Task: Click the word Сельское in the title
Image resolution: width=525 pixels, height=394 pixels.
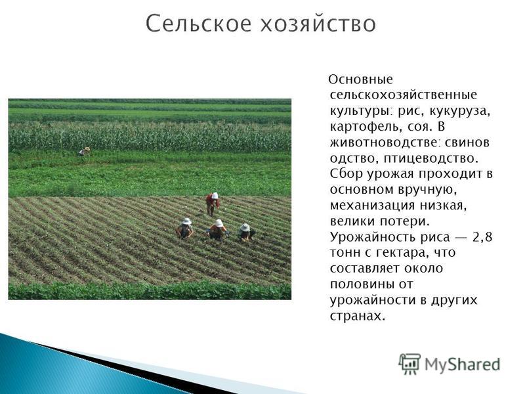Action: coord(198,24)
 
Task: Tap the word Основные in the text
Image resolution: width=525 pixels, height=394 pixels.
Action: coord(360,79)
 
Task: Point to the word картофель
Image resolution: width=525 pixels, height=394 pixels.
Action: coord(366,127)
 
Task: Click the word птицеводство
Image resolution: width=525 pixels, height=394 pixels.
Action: coord(430,158)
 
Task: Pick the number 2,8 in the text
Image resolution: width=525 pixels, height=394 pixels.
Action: coord(482,238)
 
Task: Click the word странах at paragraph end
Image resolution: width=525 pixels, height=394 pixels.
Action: coord(358,317)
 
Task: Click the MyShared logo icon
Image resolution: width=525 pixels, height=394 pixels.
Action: coord(409,364)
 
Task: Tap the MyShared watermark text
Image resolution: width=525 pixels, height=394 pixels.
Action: coord(463,364)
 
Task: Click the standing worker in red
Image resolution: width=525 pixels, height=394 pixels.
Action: coord(212,204)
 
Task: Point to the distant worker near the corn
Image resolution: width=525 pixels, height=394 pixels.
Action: coord(85,152)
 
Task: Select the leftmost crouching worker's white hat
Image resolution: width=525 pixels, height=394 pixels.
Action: coord(186,221)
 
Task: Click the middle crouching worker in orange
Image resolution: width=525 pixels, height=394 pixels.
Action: coord(218,229)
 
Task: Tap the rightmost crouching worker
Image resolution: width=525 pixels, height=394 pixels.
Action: coord(245,232)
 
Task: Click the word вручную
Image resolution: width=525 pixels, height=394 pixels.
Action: coord(427,190)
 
